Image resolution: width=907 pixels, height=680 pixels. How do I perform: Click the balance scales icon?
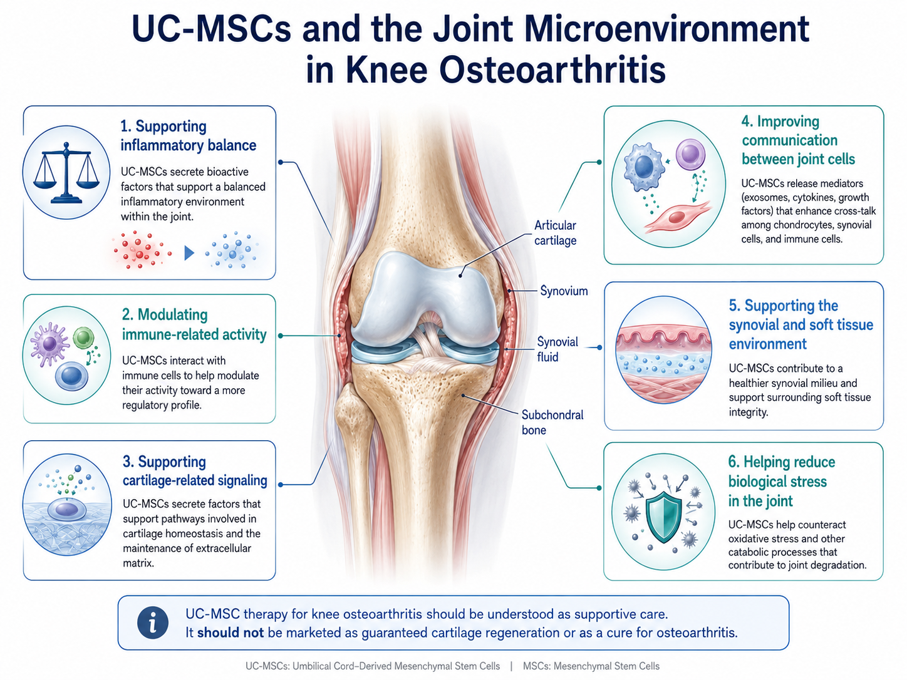[66, 173]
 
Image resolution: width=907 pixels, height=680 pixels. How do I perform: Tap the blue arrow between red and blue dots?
[189, 253]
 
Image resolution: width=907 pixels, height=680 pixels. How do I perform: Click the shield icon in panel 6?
[663, 517]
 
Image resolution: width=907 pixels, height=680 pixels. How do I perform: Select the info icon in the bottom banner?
[152, 622]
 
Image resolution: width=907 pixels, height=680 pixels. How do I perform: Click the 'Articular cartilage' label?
[555, 233]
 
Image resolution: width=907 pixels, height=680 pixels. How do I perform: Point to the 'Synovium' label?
[564, 291]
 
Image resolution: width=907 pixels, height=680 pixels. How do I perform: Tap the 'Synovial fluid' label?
[557, 349]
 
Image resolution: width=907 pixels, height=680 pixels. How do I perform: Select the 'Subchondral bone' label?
[552, 423]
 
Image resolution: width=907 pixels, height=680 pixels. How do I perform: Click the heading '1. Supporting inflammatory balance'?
[188, 136]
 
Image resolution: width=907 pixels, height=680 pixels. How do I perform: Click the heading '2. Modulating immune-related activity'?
[194, 324]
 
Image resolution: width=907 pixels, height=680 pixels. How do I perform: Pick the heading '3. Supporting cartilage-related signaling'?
[195, 471]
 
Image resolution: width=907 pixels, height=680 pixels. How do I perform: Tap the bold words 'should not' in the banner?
[230, 632]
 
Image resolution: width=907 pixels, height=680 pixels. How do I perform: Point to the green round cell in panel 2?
[83, 337]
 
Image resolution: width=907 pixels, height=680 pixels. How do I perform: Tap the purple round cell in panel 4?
[690, 155]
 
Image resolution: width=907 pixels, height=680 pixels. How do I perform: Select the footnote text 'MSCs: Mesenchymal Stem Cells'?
[591, 666]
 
